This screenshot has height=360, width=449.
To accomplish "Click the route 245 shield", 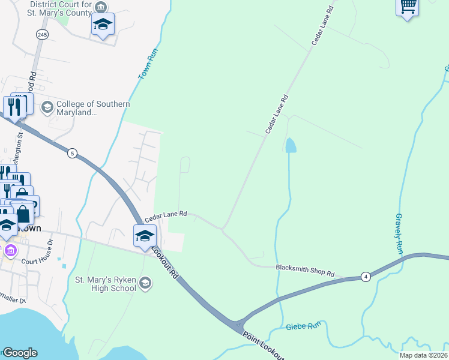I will pyautogui.click(x=41, y=35).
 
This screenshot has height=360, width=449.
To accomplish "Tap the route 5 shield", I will pyautogui.click(x=72, y=153).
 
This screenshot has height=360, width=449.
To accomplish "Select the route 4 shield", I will pyautogui.click(x=366, y=277).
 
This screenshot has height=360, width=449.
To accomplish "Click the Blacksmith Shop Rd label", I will pyautogui.click(x=304, y=270).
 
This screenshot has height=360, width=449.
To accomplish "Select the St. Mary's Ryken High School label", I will pyautogui.click(x=105, y=283).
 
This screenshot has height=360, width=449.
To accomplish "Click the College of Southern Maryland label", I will pyautogui.click(x=93, y=108).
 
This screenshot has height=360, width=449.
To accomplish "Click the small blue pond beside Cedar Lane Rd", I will pyautogui.click(x=291, y=145).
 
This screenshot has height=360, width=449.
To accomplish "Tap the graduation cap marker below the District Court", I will pyautogui.click(x=103, y=25).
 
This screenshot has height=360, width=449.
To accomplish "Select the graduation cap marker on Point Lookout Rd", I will pyautogui.click(x=145, y=236).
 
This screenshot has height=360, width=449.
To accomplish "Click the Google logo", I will pyautogui.click(x=20, y=353).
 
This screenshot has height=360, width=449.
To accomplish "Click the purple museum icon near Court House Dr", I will pyautogui.click(x=10, y=250).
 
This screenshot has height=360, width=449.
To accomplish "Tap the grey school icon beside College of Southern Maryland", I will pyautogui.click(x=47, y=107).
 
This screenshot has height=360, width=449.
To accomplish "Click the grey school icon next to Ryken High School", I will pyautogui.click(x=145, y=283).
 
